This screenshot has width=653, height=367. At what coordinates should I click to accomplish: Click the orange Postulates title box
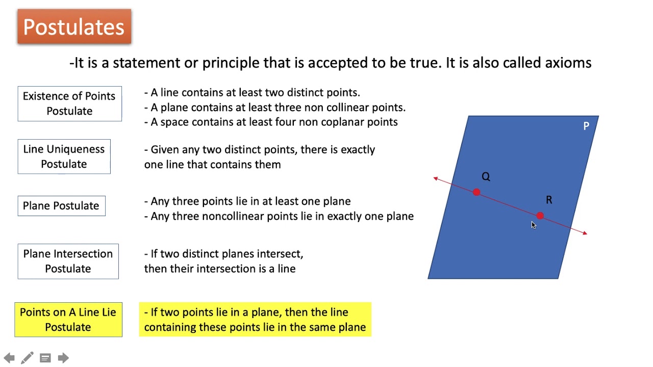(74, 27)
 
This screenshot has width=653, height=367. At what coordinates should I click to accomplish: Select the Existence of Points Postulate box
(69, 103)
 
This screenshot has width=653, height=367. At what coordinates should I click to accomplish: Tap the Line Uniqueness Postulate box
(64, 156)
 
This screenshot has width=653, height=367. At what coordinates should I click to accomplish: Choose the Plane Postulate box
(61, 206)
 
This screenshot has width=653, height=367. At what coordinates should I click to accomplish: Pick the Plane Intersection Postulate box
(68, 261)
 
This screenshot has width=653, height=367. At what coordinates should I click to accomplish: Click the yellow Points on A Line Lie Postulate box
(68, 320)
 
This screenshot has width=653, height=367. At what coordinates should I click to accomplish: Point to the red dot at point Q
(476, 192)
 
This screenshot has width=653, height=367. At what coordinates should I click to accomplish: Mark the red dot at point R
(540, 216)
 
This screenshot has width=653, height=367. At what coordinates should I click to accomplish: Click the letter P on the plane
(586, 126)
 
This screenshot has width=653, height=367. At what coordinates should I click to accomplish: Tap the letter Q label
(486, 176)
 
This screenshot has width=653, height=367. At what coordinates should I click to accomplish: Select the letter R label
(549, 200)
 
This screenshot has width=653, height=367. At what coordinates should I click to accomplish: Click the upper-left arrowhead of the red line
(436, 178)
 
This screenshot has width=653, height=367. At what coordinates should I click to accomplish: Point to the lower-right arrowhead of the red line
(584, 233)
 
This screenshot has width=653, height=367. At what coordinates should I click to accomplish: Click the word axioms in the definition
(568, 63)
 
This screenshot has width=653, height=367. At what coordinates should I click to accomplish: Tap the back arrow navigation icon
(9, 358)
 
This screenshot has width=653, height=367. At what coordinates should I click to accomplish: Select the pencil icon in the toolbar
(28, 358)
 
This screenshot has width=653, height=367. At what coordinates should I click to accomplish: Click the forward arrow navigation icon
(63, 358)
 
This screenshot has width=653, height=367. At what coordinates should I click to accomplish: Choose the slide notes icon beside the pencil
(45, 358)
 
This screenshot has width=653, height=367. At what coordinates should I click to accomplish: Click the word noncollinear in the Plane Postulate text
(234, 216)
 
